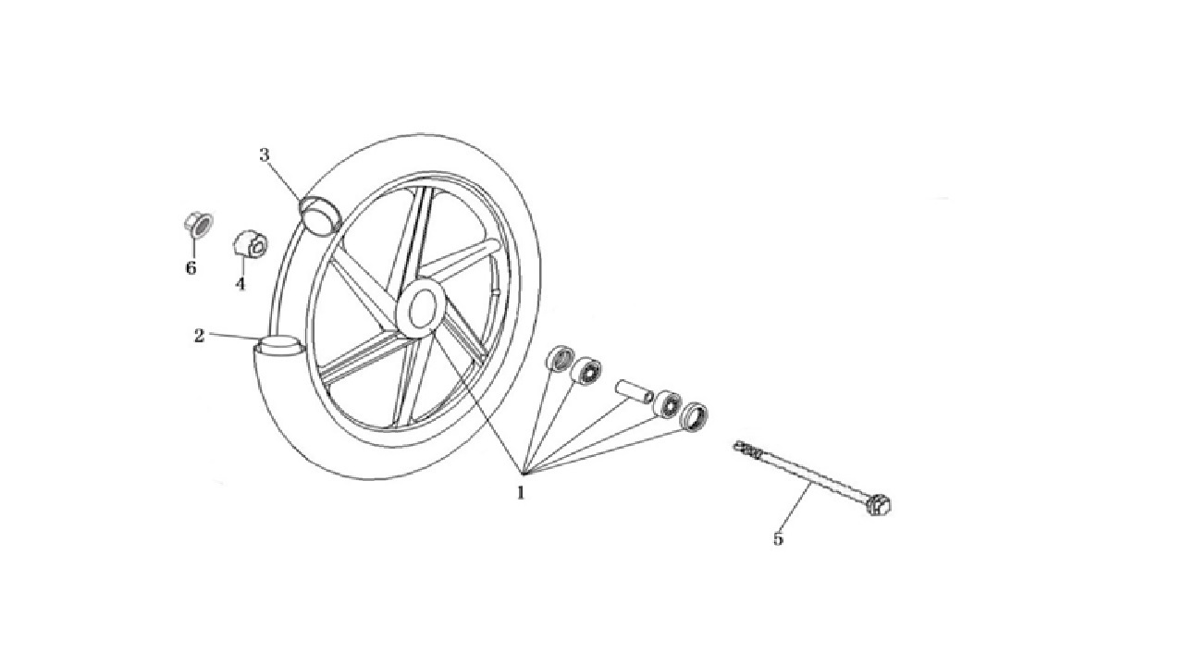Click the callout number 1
point(521,493)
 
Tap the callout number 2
point(199,335)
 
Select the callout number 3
point(265,155)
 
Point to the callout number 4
point(240,284)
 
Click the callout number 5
point(778,538)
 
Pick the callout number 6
point(191,268)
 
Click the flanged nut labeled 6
point(198,225)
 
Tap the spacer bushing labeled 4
point(250,243)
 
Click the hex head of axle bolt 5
point(879,504)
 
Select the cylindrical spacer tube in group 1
point(634,390)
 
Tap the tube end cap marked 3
point(319,214)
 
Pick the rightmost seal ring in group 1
point(694,416)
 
